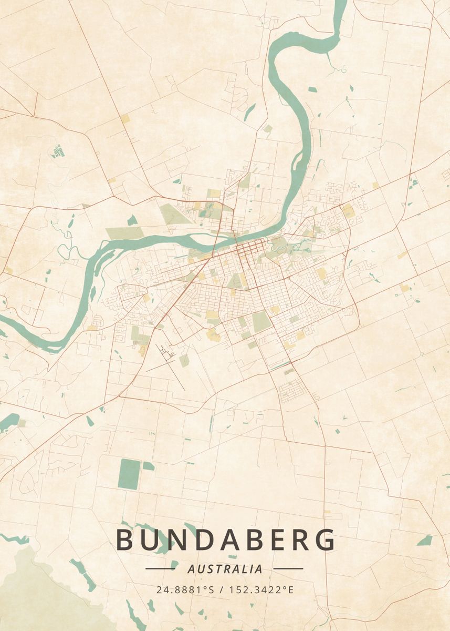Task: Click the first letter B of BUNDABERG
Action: click(x=125, y=540)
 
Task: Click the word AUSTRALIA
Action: click(x=225, y=568)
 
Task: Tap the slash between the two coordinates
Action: click(x=223, y=589)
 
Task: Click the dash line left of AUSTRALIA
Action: click(x=160, y=568)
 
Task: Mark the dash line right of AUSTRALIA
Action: click(x=288, y=568)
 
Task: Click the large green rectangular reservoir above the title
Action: click(x=129, y=474)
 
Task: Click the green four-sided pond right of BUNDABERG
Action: click(x=424, y=540)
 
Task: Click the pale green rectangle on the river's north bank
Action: click(x=124, y=233)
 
